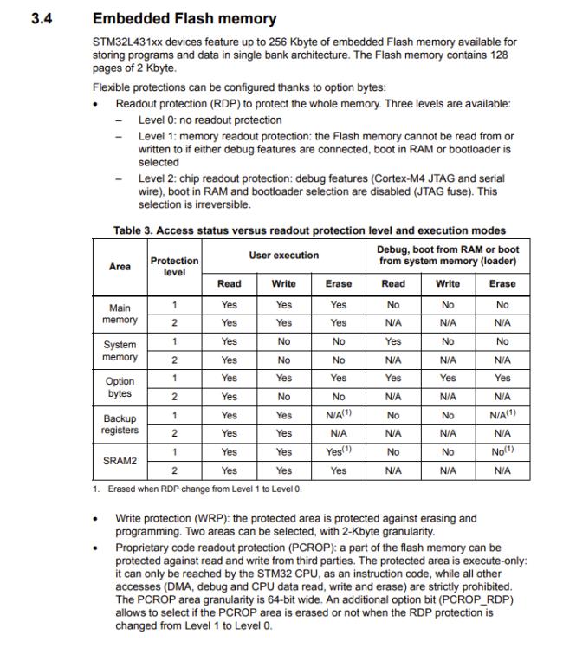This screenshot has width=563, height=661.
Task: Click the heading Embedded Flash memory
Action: (x=184, y=18)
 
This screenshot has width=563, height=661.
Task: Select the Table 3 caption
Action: (x=309, y=230)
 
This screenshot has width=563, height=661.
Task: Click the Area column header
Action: (x=120, y=266)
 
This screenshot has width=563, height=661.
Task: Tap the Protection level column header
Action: (x=174, y=266)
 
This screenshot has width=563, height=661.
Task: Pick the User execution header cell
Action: (x=283, y=256)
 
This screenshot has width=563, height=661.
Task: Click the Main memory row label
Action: (x=120, y=314)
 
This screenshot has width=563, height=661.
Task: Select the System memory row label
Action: (x=120, y=351)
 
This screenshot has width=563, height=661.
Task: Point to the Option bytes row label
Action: (x=120, y=387)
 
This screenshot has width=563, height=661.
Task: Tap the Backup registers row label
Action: (x=120, y=424)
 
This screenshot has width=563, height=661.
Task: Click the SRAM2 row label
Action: (x=120, y=461)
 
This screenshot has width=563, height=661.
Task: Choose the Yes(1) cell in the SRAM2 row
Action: (x=339, y=451)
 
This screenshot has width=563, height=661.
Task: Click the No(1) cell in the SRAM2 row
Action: (x=502, y=451)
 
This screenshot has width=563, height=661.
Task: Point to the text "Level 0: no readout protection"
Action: (x=210, y=120)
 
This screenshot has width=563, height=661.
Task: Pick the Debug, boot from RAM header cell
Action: (x=448, y=256)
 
